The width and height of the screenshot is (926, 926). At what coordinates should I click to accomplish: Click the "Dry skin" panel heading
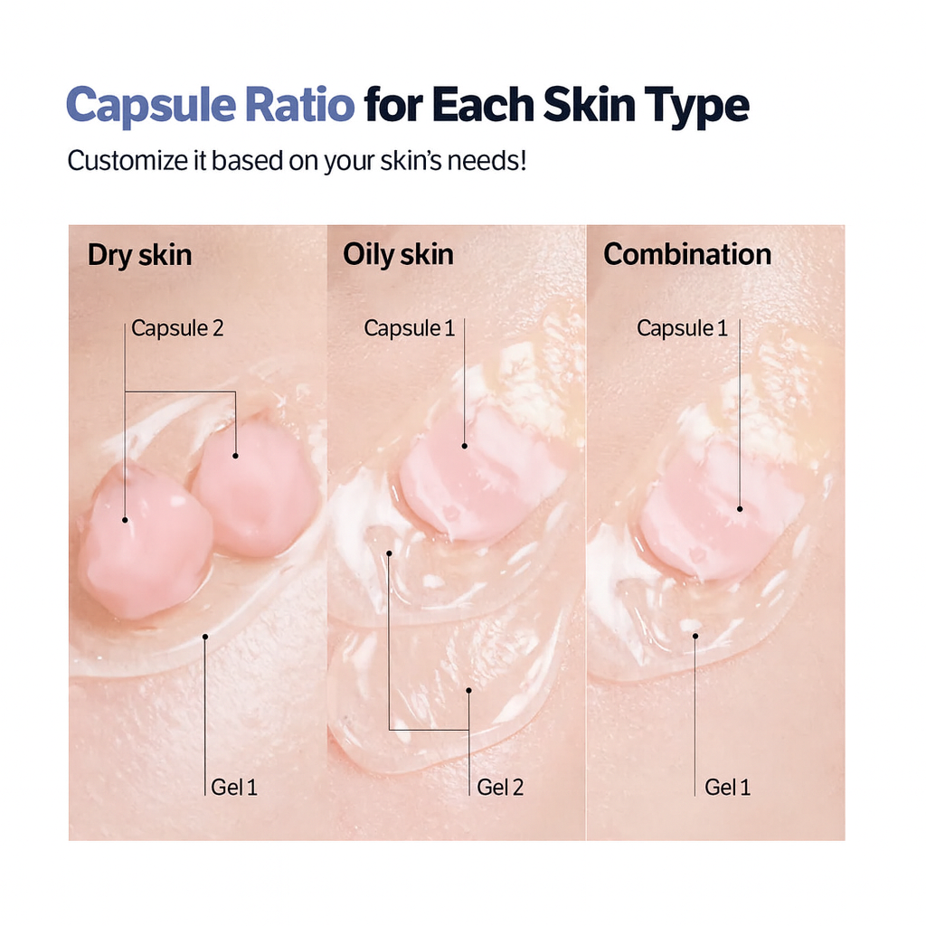coord(139,255)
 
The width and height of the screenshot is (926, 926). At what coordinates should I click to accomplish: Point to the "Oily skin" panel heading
coord(398,255)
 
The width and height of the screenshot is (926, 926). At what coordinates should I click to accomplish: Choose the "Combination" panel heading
coord(687,255)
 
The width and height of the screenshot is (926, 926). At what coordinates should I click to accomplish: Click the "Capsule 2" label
coord(177,327)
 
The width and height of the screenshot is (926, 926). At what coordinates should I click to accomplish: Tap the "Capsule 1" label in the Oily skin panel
coord(409,327)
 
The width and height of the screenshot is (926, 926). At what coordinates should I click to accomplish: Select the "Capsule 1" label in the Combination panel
coord(682,327)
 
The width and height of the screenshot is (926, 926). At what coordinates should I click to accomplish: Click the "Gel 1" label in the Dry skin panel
coord(234,787)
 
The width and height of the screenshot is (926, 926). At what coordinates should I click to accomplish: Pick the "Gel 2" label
coord(500,787)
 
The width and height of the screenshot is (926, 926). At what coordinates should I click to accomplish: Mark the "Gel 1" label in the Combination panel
coord(728,787)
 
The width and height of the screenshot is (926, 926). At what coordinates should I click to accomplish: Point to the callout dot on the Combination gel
coord(695,636)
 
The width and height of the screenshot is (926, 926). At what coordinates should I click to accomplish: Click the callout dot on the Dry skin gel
coord(206,637)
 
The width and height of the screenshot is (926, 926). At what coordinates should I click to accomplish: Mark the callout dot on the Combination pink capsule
coord(740,508)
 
